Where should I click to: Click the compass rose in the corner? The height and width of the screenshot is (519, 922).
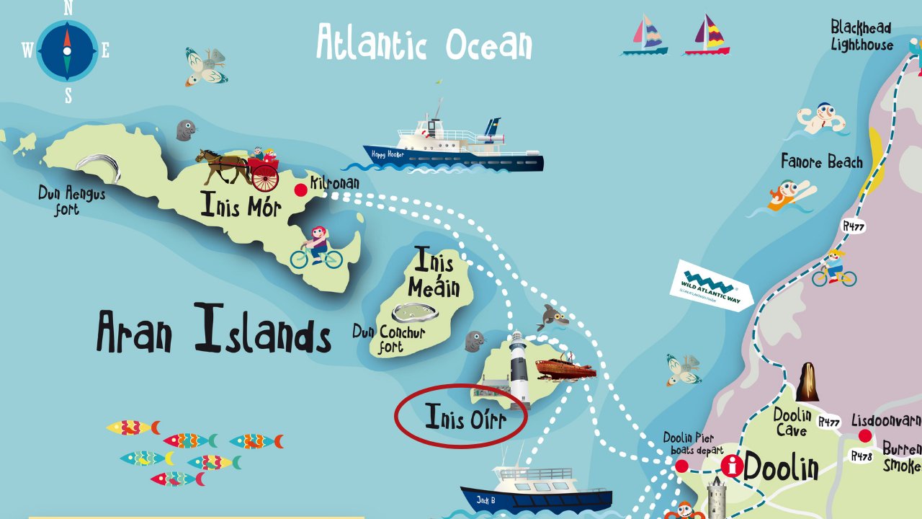tap(67, 50)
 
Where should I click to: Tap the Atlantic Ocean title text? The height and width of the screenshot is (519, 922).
tap(424, 43)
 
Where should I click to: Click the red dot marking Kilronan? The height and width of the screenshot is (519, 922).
tap(301, 190)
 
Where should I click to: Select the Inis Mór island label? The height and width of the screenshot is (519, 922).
tap(240, 205)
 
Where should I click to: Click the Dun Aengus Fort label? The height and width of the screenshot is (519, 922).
tap(71, 201)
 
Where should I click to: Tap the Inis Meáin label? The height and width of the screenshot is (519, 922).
tap(434, 274)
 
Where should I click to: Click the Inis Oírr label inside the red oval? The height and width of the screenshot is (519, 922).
tap(465, 418)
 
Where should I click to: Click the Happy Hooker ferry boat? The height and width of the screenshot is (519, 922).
tap(454, 144)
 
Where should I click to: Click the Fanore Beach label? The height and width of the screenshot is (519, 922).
tap(822, 162)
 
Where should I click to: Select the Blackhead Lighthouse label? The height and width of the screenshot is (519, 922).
tap(861, 36)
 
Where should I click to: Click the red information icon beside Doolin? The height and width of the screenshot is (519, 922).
tap(733, 465)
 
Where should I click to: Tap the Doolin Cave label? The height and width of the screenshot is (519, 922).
tap(792, 422)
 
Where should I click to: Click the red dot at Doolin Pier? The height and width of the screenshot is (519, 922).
tap(681, 466)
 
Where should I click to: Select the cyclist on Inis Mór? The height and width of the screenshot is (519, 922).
tap(317, 247)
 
